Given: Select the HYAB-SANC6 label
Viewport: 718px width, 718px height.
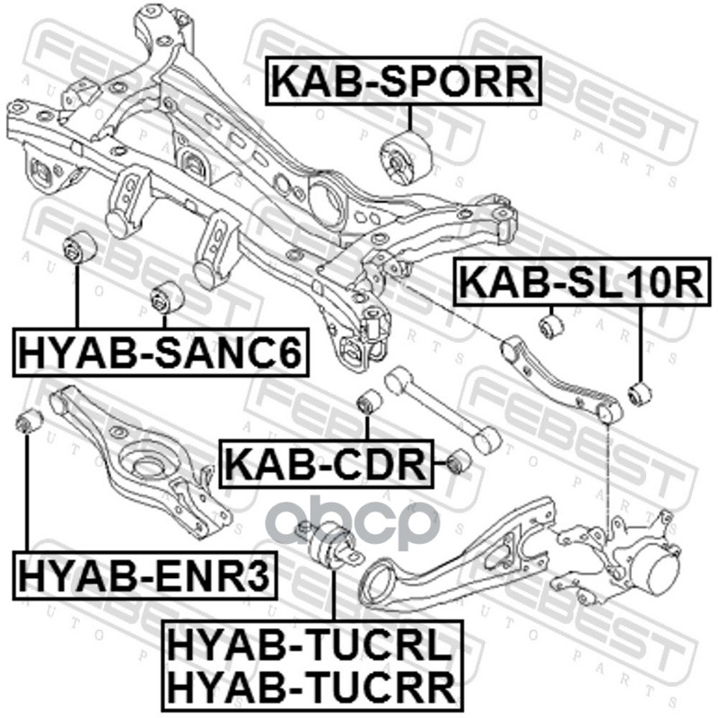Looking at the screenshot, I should click(x=159, y=352).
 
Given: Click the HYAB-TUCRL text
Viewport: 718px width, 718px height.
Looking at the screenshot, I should click(x=310, y=644).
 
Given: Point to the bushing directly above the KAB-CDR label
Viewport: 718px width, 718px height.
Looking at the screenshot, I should click(x=368, y=400).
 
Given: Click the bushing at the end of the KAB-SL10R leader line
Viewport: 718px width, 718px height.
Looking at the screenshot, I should click(x=640, y=393).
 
